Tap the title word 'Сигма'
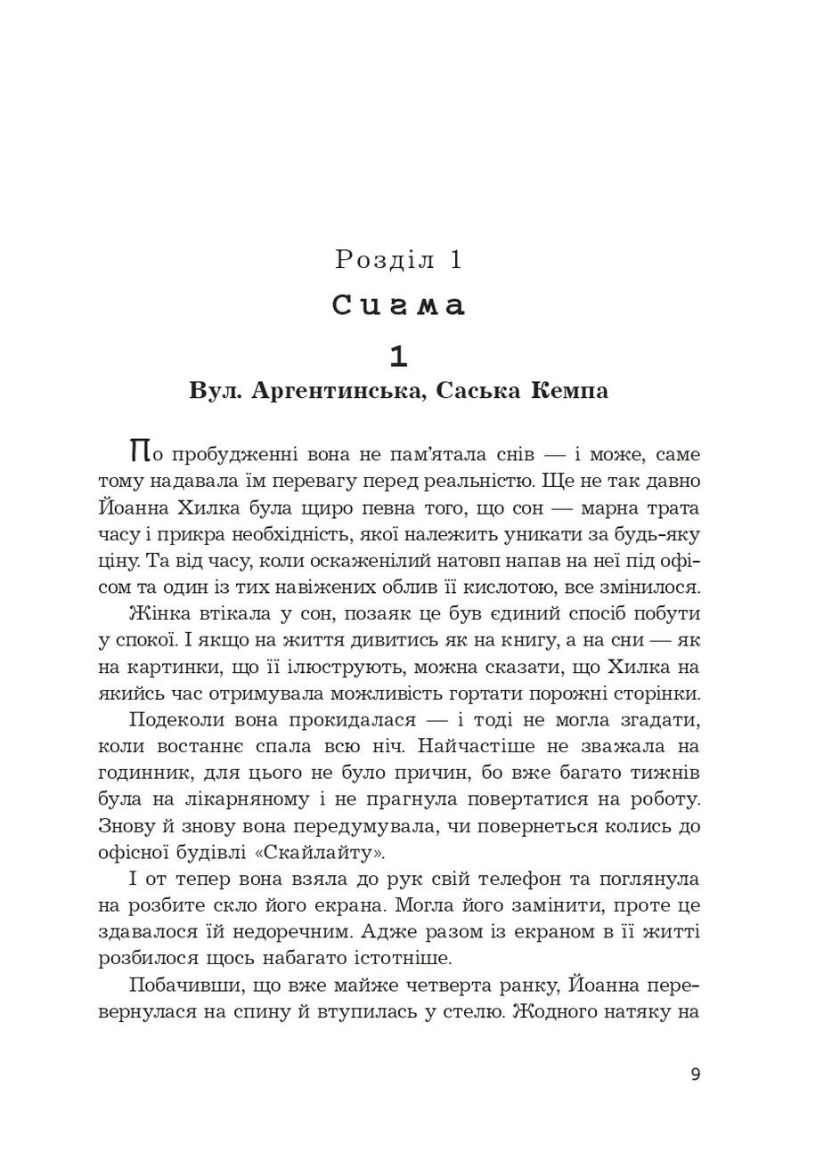point(399,305)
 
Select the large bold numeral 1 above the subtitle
point(399,356)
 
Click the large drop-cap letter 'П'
point(139,450)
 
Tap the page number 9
point(696,1075)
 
